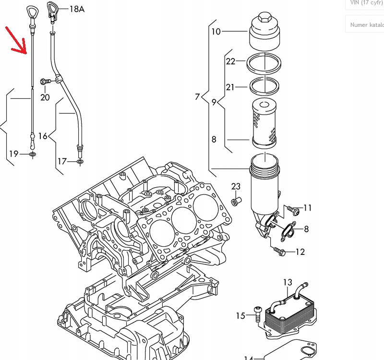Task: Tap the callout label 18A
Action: tap(77, 9)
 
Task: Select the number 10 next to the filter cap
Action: tap(216, 32)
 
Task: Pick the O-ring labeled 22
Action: tap(264, 62)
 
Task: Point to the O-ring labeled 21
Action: tap(264, 86)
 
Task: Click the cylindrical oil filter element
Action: tap(264, 122)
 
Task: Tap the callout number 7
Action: tap(197, 97)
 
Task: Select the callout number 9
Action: tap(214, 102)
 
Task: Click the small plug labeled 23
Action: tap(235, 201)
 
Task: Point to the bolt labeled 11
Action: tap(293, 210)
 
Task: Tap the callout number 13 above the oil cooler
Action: tap(288, 282)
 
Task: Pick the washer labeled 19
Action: tap(32, 155)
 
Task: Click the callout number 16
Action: tap(43, 136)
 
